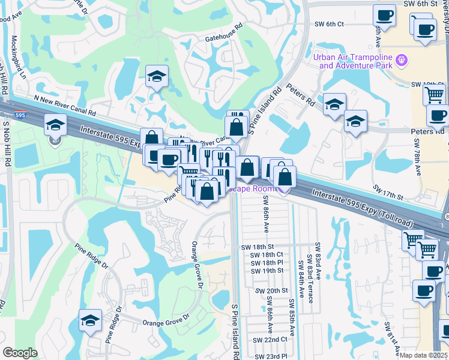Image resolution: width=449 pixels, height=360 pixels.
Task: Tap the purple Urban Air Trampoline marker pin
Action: click(x=402, y=61)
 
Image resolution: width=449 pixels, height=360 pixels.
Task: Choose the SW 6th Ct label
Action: click(x=329, y=24)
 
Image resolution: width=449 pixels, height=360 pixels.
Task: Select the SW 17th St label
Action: click(x=387, y=191)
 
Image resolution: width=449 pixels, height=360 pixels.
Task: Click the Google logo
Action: click(x=20, y=353)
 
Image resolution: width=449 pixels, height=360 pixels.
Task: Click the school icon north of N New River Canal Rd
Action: click(x=157, y=76)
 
